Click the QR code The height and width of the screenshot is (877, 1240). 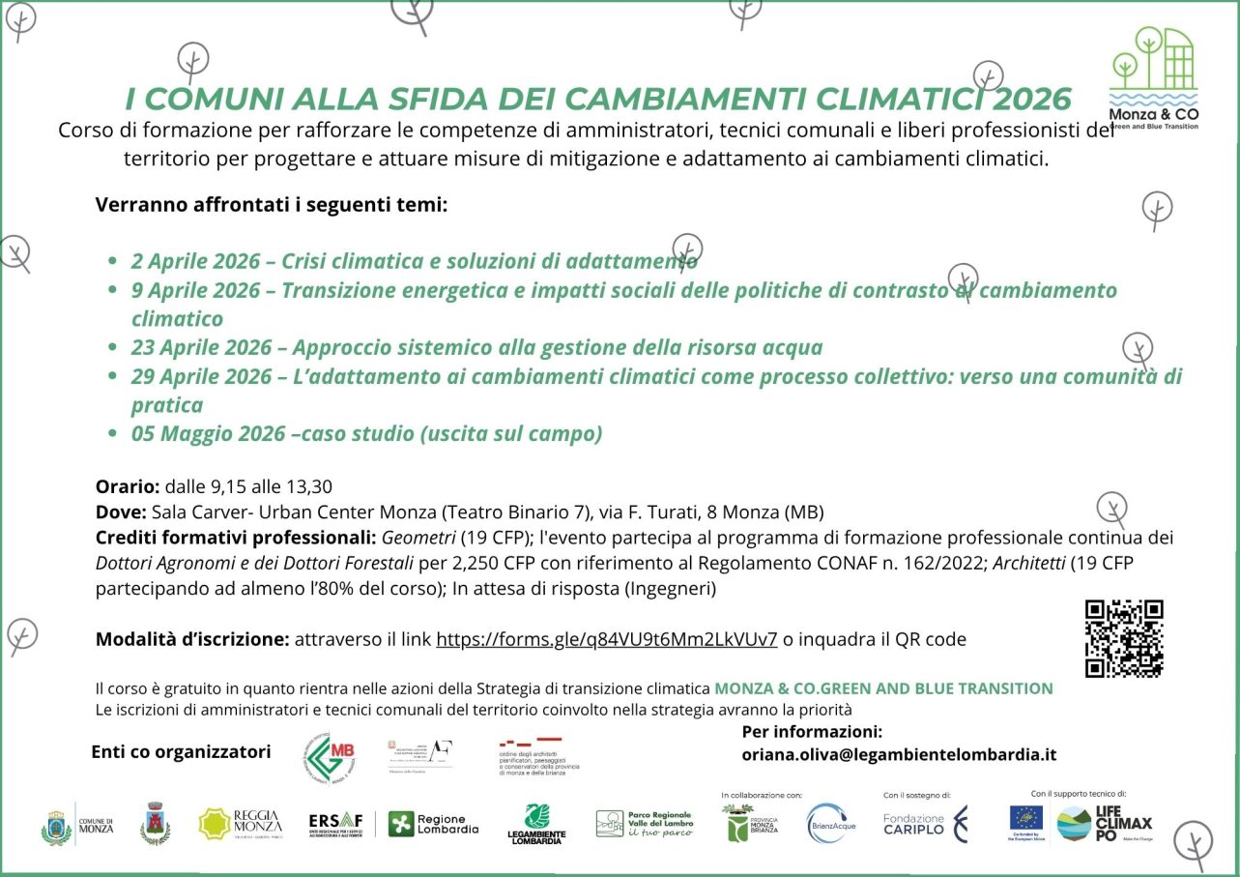[1124, 638]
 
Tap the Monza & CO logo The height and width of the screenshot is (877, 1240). [1153, 77]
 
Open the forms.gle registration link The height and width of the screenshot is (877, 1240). [607, 639]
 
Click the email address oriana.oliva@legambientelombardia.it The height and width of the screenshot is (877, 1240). [899, 755]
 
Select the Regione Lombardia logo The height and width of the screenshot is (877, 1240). [433, 825]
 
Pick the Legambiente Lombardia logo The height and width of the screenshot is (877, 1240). [536, 825]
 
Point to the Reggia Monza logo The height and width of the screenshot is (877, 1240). [241, 825]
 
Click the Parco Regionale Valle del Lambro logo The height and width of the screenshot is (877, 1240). [645, 825]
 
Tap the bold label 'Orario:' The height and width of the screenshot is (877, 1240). [128, 486]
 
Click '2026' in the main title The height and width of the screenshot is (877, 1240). [1032, 99]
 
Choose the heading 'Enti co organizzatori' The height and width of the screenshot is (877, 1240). [181, 751]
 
